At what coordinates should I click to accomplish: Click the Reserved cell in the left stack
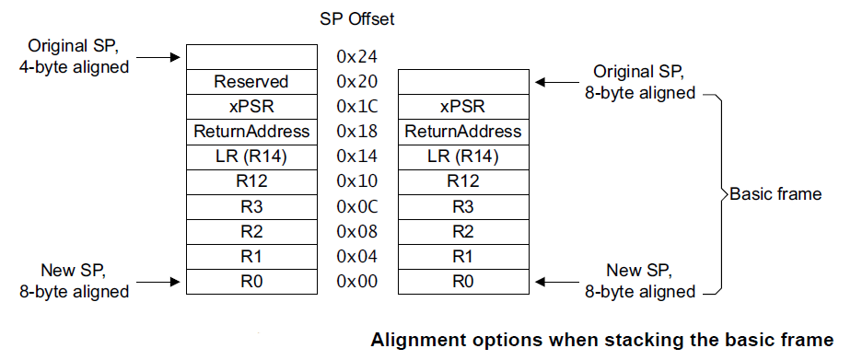pyautogui.click(x=251, y=82)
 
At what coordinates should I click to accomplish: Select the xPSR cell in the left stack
pyautogui.click(x=251, y=107)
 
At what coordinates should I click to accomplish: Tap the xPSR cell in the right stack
pyautogui.click(x=462, y=107)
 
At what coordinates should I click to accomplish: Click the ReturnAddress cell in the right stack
pyautogui.click(x=462, y=132)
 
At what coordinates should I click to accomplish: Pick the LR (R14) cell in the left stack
pyautogui.click(x=251, y=157)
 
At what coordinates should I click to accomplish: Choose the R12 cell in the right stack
pyautogui.click(x=462, y=181)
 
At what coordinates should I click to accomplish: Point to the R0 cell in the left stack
pyautogui.click(x=251, y=282)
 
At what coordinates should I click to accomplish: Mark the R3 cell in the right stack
pyautogui.click(x=462, y=206)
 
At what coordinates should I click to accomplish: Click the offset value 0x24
pyautogui.click(x=356, y=57)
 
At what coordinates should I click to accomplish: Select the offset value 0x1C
pyautogui.click(x=356, y=107)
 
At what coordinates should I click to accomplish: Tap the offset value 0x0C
pyautogui.click(x=356, y=206)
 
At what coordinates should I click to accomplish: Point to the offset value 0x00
pyautogui.click(x=356, y=282)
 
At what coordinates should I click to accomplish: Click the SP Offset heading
pyautogui.click(x=356, y=18)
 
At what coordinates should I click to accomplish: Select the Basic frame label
pyautogui.click(x=775, y=194)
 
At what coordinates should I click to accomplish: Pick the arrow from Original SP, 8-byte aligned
pyautogui.click(x=554, y=82)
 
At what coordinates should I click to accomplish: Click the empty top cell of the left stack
pyautogui.click(x=251, y=57)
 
